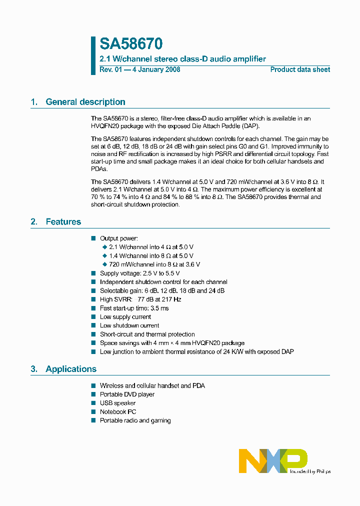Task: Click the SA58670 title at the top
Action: pos(131,44)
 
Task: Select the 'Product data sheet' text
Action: pos(300,69)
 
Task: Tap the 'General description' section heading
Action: pos(85,102)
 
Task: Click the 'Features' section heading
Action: pos(63,222)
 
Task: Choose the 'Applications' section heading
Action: pos(70,369)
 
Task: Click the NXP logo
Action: pos(272,460)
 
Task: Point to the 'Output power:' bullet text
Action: pos(119,238)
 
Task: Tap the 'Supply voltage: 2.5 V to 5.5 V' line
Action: pos(139,273)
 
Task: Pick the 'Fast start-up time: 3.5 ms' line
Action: pos(134,308)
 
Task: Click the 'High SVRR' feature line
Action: pos(140,299)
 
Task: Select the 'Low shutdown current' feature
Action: pos(129,325)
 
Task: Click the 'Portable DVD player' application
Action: pos(127,394)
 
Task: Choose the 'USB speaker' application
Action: pos(117,403)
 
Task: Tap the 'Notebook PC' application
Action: pos(117,412)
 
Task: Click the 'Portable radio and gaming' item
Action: pos(135,420)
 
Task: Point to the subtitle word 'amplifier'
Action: pos(248,59)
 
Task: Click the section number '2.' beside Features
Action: pos(34,222)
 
